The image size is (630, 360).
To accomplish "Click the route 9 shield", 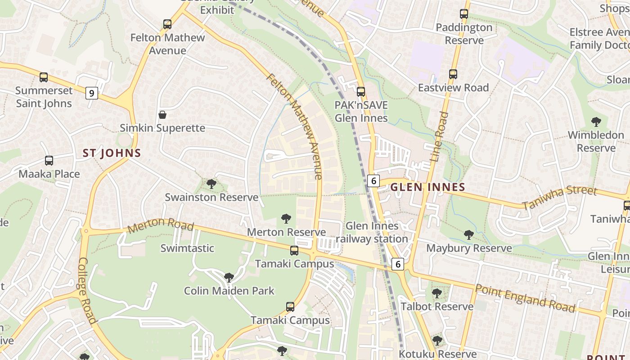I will point(91,93).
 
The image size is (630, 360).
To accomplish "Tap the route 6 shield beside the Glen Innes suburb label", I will point(373,180).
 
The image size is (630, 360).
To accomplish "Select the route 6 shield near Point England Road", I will point(397,264).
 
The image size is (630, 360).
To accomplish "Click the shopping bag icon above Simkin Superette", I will point(162,115).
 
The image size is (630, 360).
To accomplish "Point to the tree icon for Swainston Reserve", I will point(211,184).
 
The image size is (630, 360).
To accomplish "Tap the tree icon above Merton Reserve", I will point(286,219).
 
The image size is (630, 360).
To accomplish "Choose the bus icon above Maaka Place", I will point(49,161).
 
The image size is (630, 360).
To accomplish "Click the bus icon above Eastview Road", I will point(453,74).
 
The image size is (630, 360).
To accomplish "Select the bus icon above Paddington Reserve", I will point(464,14).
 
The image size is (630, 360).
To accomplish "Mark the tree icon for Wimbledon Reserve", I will point(596,121).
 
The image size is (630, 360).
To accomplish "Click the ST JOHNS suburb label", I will point(112,153).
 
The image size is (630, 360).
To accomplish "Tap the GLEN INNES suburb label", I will point(427,187).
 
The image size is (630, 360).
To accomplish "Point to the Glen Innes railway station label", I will point(372,232).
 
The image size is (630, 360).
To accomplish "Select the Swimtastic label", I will point(187,248).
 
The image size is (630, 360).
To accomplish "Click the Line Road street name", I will point(439,137).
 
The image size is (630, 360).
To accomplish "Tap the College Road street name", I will point(87,290).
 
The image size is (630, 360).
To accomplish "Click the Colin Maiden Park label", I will point(229,291).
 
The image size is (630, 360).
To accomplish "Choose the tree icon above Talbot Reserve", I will point(436,293).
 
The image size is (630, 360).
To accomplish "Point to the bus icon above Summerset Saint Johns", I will point(44,77).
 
